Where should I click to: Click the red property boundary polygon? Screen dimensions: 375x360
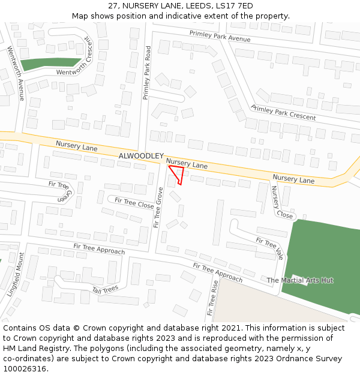178,175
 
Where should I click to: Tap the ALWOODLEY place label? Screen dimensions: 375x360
141,156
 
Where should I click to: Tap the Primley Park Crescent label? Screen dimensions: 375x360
283,112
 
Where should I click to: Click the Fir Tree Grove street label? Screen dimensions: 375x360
158,207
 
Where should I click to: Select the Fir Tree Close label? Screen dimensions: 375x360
134,202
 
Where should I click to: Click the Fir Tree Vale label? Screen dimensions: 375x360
269,247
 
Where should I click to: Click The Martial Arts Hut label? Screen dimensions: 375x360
300,280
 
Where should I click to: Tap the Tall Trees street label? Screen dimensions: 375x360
105,290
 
